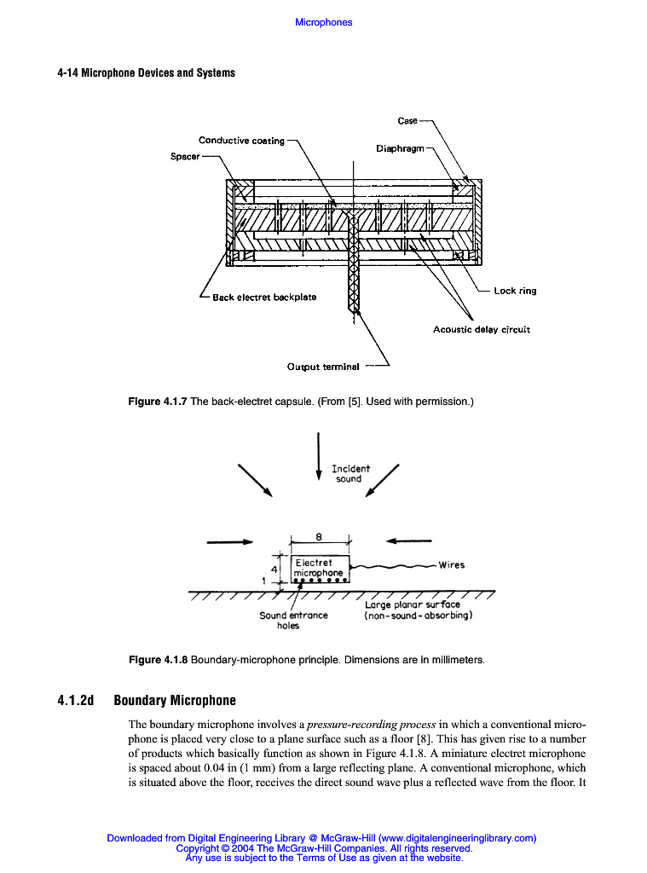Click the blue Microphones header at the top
[323, 22]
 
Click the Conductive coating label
[241, 141]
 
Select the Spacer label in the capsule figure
[185, 157]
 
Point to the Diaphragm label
[400, 148]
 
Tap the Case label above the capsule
[407, 121]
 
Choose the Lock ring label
[515, 291]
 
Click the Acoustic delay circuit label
[481, 330]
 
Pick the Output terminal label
[322, 367]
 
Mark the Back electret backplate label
[264, 298]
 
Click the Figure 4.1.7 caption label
[158, 401]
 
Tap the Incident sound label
[350, 474]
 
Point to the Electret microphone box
[320, 569]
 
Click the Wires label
[451, 564]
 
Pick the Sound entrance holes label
[293, 620]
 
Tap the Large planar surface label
[418, 610]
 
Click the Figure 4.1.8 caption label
[158, 660]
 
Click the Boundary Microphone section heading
[175, 701]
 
